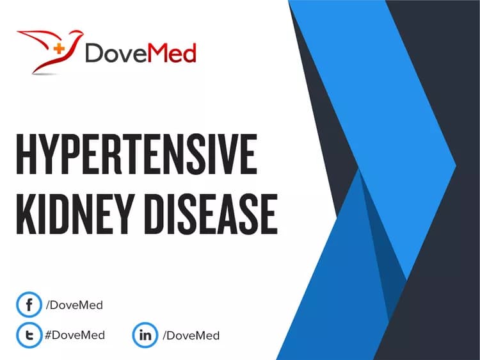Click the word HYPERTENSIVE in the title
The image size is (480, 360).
(136, 155)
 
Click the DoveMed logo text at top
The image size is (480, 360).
(141, 54)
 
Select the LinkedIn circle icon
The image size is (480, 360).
(145, 335)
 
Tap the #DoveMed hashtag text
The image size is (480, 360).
(74, 335)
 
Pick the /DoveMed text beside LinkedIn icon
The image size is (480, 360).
(190, 335)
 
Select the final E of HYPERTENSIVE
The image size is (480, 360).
(248, 155)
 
